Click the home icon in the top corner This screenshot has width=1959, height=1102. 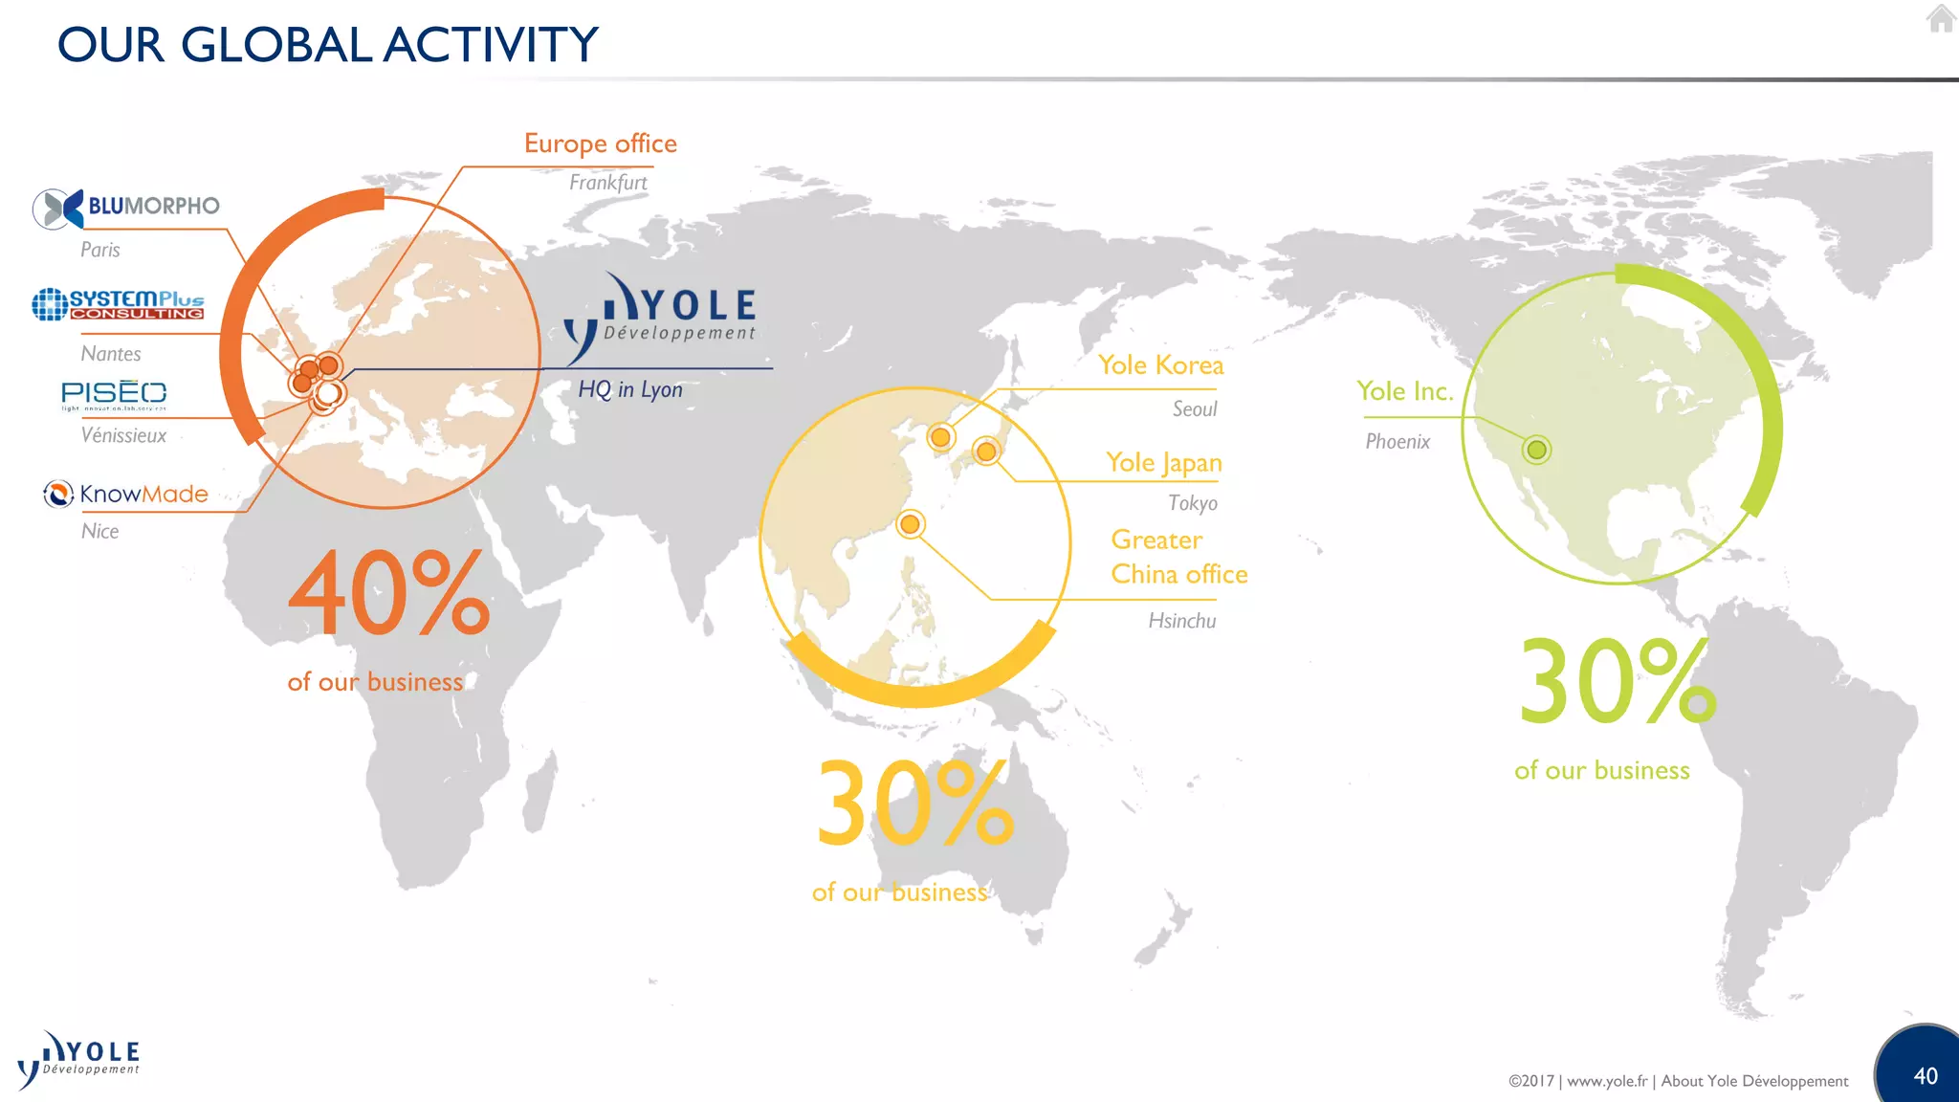[1941, 18]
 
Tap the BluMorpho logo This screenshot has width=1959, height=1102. [126, 208]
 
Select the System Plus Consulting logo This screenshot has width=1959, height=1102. [119, 304]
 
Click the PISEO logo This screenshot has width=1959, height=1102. [114, 394]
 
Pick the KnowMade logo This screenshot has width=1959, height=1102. [126, 494]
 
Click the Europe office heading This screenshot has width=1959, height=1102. [600, 143]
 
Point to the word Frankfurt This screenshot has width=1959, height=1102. [607, 182]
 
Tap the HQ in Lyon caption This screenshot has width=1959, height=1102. [629, 389]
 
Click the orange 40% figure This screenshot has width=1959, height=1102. [388, 593]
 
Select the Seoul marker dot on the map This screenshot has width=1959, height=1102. [940, 437]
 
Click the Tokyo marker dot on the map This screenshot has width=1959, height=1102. [985, 451]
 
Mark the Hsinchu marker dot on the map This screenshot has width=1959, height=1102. [910, 524]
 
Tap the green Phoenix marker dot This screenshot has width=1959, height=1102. [1536, 450]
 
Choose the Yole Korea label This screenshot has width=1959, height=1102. [1160, 365]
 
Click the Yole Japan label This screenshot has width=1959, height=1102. [1163, 463]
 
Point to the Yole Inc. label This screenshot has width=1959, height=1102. [1404, 391]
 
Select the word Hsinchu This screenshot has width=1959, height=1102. [1181, 621]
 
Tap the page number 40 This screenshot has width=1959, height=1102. [1925, 1076]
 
